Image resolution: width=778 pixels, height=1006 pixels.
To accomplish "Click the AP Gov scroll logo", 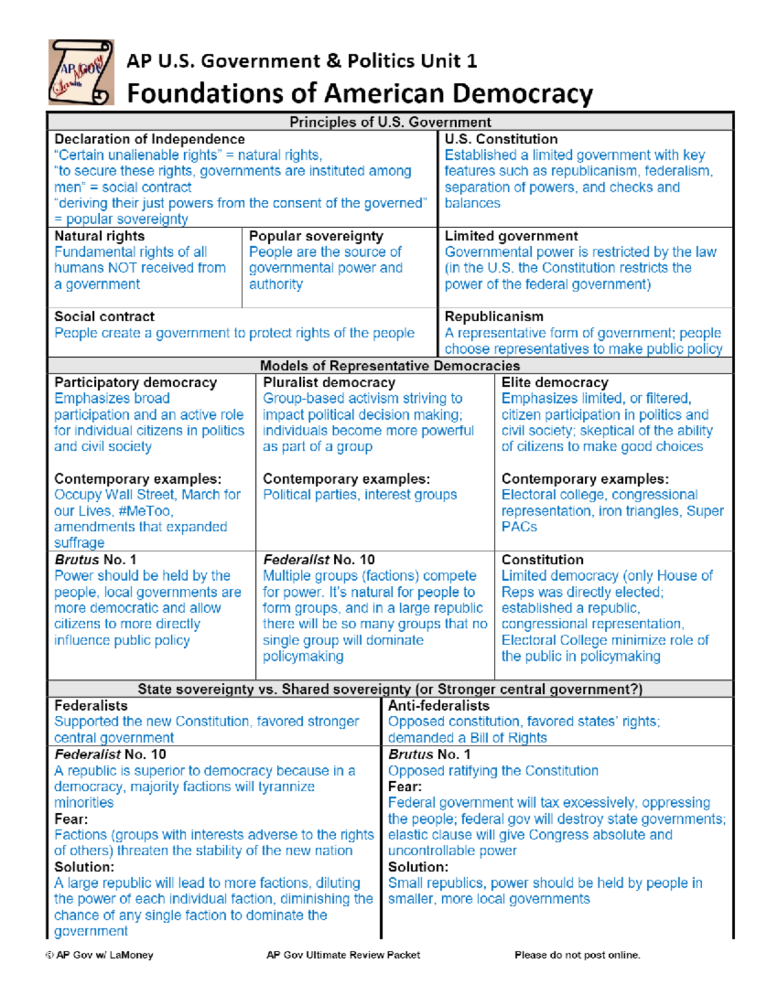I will [81, 72].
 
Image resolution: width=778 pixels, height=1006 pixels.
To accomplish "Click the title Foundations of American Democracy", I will [360, 93].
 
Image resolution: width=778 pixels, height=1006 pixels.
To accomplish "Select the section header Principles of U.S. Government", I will [390, 122].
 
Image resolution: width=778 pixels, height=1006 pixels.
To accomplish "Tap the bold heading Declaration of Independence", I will [149, 139].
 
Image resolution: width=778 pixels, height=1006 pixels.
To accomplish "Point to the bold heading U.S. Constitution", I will [501, 139].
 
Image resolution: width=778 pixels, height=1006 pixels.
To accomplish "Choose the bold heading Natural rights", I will [99, 236].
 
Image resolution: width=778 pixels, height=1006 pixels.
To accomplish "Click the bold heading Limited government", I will [511, 236].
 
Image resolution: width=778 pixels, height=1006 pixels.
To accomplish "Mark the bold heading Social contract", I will [104, 317].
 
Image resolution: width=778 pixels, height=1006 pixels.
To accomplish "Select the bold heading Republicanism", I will [494, 317].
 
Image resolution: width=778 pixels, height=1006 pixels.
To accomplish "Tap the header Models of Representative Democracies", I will [390, 366].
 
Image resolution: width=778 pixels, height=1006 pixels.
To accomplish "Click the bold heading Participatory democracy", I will [136, 383].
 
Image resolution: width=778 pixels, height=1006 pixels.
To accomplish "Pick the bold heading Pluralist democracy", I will [329, 383].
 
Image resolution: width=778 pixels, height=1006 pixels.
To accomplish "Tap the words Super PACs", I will [705, 511].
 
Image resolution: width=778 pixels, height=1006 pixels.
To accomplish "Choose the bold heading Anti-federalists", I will [438, 706].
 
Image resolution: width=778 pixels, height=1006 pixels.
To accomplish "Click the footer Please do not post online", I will [577, 955].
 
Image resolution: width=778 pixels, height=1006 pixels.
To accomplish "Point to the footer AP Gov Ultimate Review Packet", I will [343, 955].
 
